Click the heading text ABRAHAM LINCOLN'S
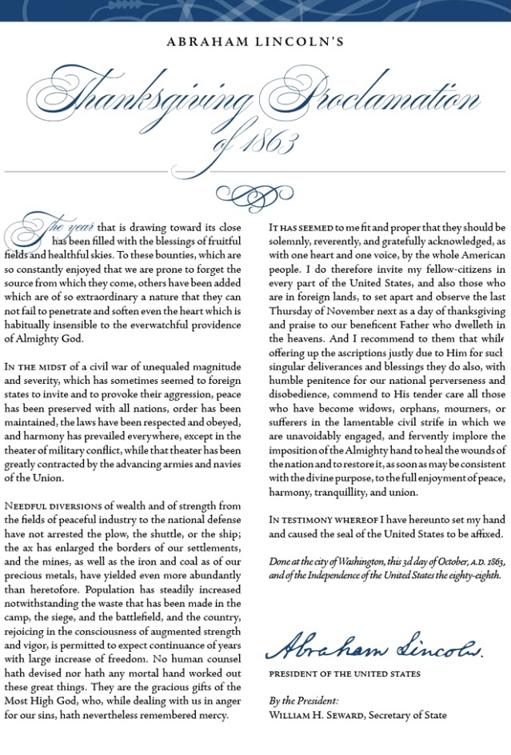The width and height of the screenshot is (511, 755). [256, 42]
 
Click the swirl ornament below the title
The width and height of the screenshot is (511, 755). [255, 194]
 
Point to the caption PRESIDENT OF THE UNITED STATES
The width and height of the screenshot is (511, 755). [345, 673]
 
